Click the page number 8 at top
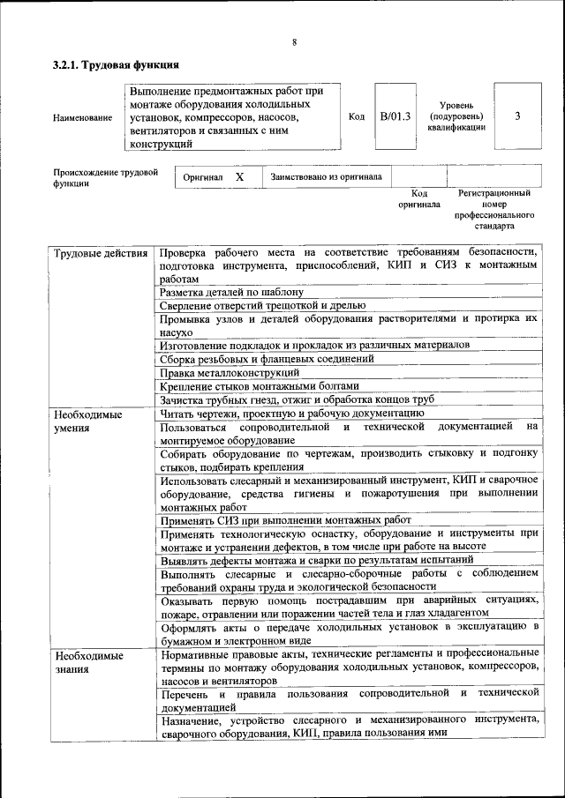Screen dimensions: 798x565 [294, 42]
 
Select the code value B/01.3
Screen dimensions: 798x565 [395, 116]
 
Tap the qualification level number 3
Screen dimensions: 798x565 [516, 116]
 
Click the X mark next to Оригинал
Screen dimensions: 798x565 [239, 177]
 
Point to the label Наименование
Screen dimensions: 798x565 [82, 117]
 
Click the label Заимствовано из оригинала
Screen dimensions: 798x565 [327, 177]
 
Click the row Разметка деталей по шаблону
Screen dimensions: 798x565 [232, 291]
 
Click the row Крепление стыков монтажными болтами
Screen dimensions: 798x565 [260, 386]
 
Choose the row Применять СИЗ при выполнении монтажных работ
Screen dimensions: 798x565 [286, 520]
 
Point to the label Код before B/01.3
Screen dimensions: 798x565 [357, 116]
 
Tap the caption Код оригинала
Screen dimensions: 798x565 [419, 198]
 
